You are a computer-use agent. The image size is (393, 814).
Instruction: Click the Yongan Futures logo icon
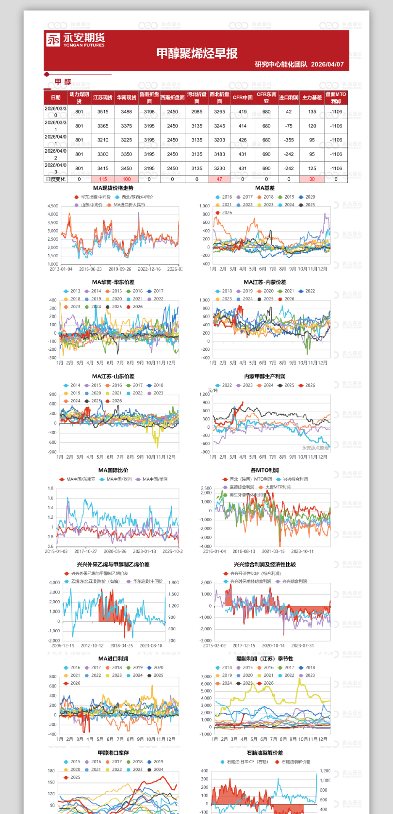tap(53, 39)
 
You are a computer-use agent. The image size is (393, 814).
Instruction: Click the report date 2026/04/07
tap(327, 64)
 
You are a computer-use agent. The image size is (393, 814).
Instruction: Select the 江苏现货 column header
tap(103, 97)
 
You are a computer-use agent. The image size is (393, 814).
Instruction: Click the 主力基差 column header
tap(312, 97)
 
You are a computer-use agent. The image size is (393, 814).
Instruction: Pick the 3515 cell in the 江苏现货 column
tap(103, 112)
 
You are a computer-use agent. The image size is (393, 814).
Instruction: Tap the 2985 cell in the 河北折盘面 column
tap(196, 112)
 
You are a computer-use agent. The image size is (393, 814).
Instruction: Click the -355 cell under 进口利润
tap(289, 140)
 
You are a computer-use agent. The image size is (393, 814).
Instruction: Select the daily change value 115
tap(103, 179)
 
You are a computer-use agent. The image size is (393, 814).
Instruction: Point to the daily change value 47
tap(219, 179)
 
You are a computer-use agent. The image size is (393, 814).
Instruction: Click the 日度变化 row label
tap(55, 179)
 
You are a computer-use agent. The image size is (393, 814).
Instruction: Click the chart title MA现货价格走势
tap(113, 188)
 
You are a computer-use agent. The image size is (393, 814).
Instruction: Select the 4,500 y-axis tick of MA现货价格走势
tap(53, 206)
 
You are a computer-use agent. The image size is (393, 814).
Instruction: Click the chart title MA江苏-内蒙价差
tap(265, 282)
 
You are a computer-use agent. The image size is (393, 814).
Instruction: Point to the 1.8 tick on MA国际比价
tap(50, 488)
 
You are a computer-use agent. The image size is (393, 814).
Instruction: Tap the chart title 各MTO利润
tap(265, 470)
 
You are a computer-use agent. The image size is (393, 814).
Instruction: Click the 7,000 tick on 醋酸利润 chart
tap(206, 676)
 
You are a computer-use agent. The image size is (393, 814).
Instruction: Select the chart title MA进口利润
tap(113, 659)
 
